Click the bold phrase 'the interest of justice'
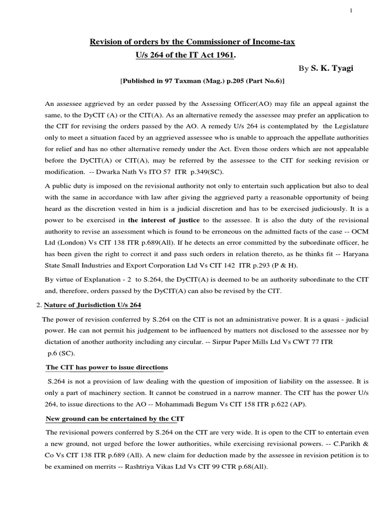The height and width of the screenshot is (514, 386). pyautogui.click(x=157, y=220)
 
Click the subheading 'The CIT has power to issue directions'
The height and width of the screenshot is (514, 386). pyautogui.click(x=107, y=367)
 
